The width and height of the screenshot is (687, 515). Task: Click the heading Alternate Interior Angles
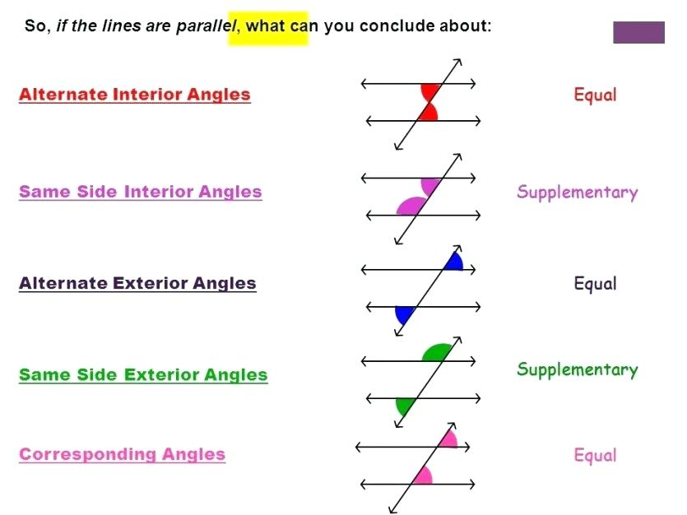(134, 95)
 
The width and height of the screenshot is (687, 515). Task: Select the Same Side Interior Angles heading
(140, 192)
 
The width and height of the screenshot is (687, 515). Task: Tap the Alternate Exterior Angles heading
(137, 283)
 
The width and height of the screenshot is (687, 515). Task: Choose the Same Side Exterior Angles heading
(143, 375)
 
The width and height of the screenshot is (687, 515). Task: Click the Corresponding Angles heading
(122, 454)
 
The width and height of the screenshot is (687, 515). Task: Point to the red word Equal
(595, 95)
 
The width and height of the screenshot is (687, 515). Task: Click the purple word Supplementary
(577, 193)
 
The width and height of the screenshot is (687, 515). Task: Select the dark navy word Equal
(595, 283)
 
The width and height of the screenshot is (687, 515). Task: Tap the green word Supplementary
(577, 369)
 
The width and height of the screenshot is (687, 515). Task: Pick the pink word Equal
(595, 455)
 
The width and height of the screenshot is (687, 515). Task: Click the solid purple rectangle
(638, 32)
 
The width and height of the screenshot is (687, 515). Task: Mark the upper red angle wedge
(429, 92)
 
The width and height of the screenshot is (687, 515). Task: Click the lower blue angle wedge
(403, 314)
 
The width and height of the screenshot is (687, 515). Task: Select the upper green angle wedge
(437, 353)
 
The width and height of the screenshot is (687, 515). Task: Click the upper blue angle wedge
(454, 262)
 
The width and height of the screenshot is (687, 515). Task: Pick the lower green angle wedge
(405, 406)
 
